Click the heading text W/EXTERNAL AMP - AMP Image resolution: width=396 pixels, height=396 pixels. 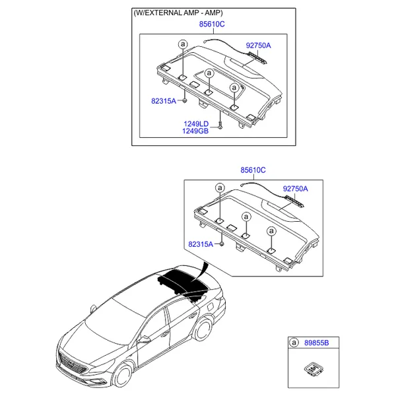pos(178,13)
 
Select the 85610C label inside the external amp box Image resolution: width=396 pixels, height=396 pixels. pos(212,24)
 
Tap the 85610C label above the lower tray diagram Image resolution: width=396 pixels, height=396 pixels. pos(253,170)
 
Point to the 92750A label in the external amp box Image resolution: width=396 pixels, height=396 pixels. pos(258,46)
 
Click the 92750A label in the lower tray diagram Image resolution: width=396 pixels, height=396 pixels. pos(295,189)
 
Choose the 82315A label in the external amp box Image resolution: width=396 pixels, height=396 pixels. pos(164,101)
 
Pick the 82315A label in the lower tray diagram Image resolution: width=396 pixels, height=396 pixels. pos(201,244)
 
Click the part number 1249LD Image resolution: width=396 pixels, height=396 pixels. pos(196,124)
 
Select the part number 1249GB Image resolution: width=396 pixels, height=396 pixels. pos(195,131)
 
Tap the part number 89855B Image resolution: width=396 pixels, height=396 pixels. pos(316,343)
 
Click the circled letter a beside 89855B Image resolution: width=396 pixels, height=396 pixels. pos(294,343)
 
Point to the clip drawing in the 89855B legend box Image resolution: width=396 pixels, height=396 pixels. pos(313,370)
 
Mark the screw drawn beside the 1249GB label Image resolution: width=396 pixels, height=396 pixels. pos(220,125)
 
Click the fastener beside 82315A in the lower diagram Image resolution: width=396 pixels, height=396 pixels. pos(222,244)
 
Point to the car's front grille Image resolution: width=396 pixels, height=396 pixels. pos(72,364)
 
